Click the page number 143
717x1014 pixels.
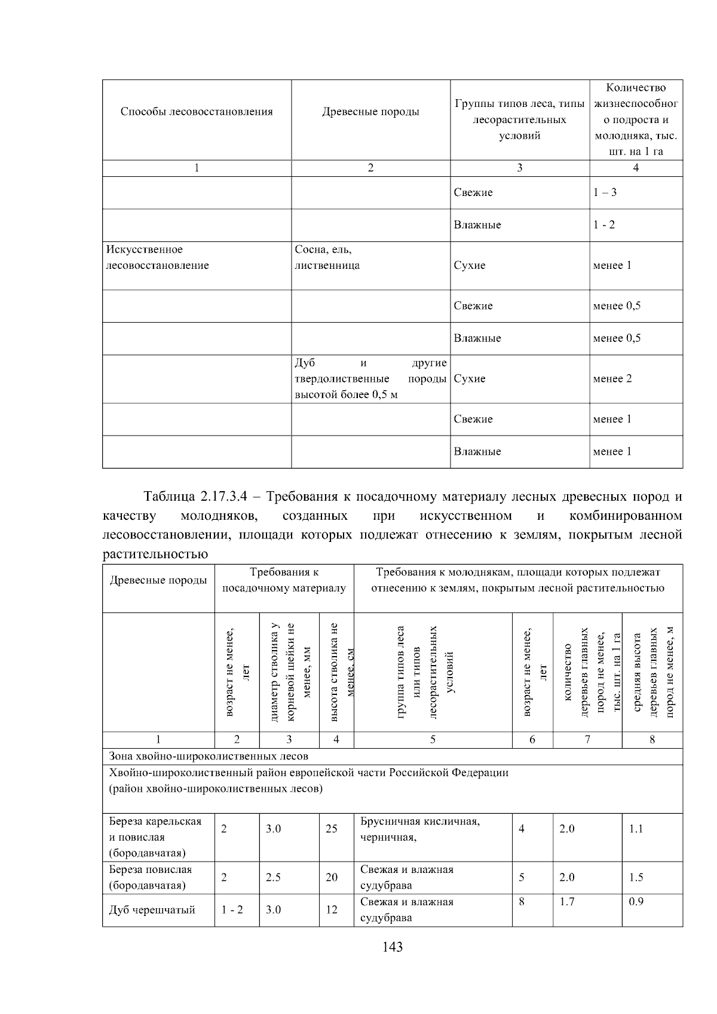[x=393, y=946]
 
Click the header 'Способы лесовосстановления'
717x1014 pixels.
[x=197, y=112]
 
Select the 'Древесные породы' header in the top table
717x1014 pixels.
[x=370, y=112]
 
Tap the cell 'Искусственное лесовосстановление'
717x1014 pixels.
[x=157, y=258]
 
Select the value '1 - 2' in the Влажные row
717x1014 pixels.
[x=603, y=225]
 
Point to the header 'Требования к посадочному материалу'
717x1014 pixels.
[x=284, y=580]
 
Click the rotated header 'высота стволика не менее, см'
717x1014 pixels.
[x=337, y=672]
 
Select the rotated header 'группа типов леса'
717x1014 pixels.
[x=401, y=672]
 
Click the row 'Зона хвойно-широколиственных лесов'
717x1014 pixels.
[x=209, y=756]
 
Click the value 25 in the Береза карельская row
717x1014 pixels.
[x=331, y=829]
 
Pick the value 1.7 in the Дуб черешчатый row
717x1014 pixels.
[x=567, y=902]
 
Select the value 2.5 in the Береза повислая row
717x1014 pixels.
[x=273, y=877]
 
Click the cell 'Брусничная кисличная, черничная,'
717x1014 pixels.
[x=419, y=829]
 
